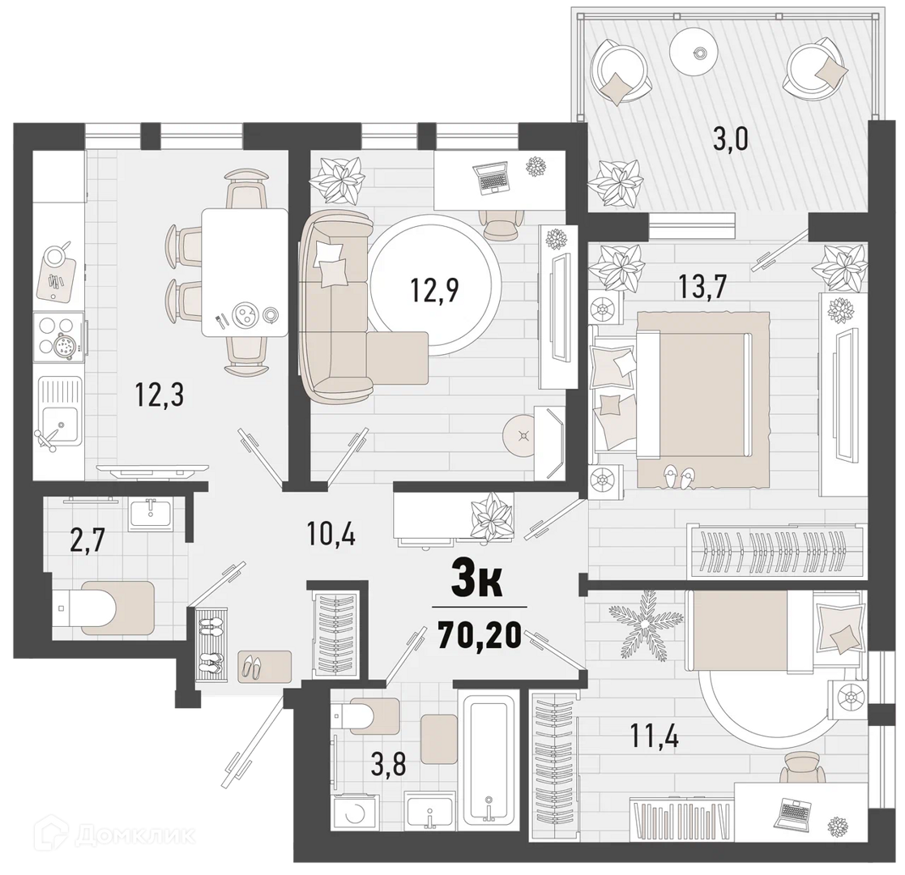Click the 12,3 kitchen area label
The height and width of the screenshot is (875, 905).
160,395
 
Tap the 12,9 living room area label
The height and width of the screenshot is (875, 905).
434,290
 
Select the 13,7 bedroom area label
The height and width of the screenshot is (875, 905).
702,286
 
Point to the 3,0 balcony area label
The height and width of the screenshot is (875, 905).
731,139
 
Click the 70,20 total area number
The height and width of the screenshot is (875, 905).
480,636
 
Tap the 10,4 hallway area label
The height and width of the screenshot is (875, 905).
331,535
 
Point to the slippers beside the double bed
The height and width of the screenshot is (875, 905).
679,476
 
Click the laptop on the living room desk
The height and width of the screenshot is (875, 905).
491,177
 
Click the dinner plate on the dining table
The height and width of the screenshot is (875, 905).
244,314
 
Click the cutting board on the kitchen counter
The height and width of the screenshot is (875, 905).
55,278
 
